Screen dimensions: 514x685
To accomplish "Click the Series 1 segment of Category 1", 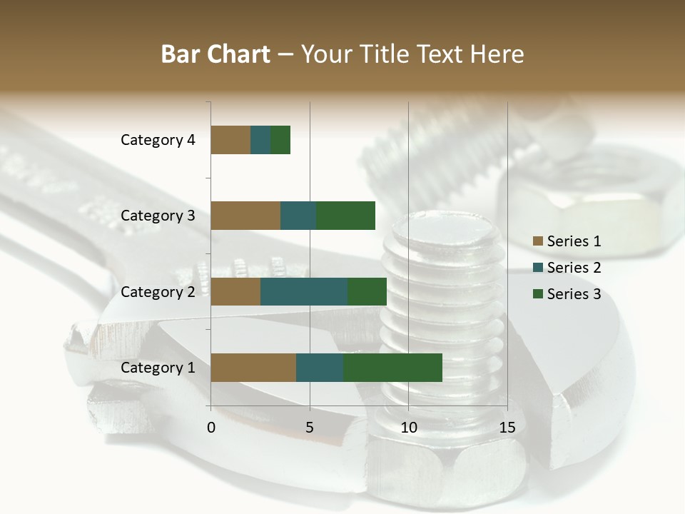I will pos(253,368).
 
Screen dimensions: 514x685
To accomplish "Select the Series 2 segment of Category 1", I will pos(320,368).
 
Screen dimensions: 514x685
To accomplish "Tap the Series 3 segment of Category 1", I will pos(392,368).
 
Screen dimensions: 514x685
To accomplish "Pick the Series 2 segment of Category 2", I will pos(304,291).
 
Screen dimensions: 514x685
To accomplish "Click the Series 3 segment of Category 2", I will pos(367,291).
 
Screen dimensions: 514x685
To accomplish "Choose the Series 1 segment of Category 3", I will pos(245,216).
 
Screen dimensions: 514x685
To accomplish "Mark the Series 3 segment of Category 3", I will pos(345,216).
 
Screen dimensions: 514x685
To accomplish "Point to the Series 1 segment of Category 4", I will pos(230,140).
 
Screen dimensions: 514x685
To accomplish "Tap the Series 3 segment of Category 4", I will pos(280,140).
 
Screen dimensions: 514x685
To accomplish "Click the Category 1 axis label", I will pos(157,368).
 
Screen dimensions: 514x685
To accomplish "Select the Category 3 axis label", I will pos(157,216).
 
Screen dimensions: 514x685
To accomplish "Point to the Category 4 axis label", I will pos(157,140).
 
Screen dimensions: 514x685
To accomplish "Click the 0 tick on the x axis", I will pos(211,428).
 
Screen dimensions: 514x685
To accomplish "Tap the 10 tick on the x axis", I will pos(408,428).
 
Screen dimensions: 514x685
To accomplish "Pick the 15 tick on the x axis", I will pos(507,428).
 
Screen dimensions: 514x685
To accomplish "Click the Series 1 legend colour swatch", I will pos(537,241).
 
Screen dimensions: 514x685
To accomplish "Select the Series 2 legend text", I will pos(574,268).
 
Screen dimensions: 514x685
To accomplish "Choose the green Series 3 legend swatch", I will pos(537,294).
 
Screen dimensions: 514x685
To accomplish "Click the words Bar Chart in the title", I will pos(215,54).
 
